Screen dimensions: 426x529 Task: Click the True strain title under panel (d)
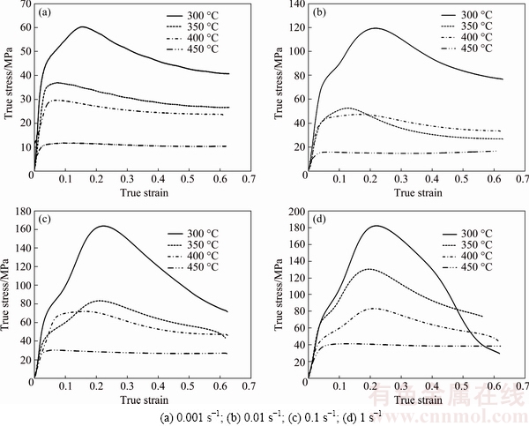[x=417, y=400]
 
